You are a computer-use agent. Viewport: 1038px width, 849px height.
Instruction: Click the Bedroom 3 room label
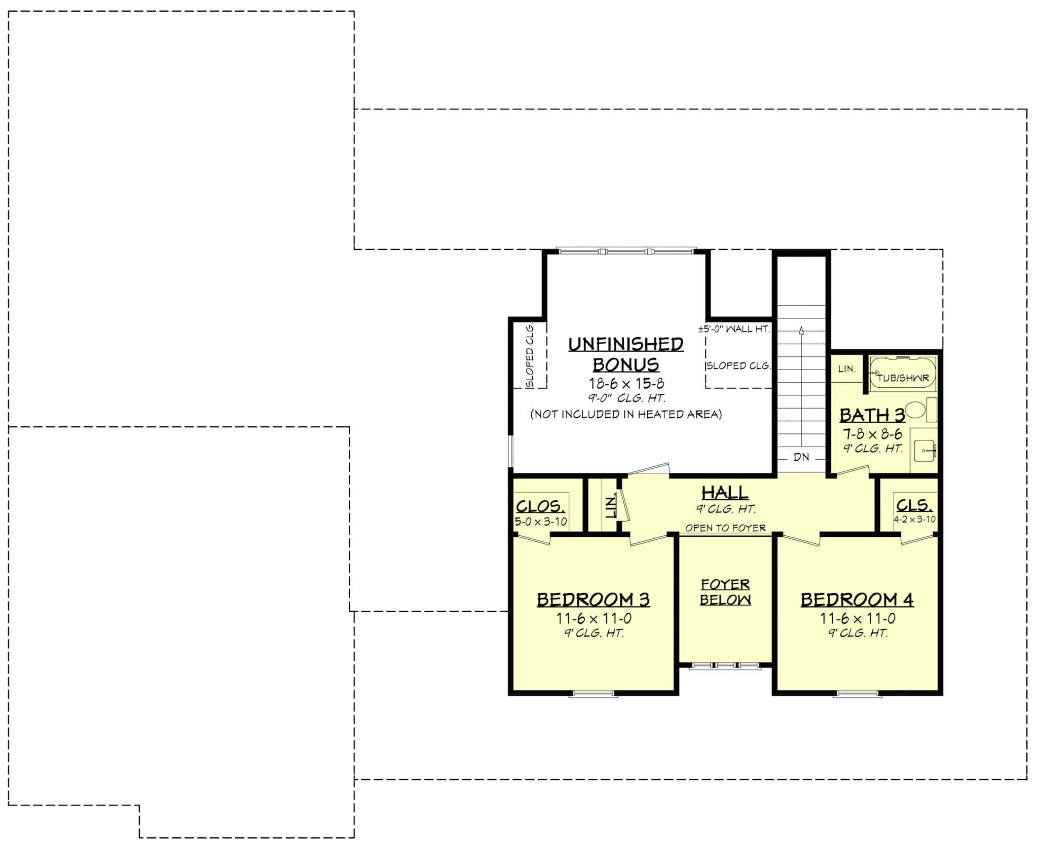click(x=593, y=600)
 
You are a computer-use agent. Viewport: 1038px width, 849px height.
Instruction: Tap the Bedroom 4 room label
click(x=857, y=600)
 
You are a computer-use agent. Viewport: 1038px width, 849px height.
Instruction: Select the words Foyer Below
click(x=725, y=592)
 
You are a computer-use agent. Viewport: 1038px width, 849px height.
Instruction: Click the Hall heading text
click(x=725, y=492)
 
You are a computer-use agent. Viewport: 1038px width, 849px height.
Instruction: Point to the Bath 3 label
click(x=872, y=415)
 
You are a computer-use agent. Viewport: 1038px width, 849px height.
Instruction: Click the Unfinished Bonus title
click(x=625, y=354)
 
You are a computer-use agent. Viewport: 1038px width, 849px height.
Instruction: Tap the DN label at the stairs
click(x=801, y=457)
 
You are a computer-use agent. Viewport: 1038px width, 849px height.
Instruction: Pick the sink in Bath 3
click(x=925, y=450)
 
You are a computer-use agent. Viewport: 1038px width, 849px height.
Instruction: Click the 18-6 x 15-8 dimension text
click(x=626, y=383)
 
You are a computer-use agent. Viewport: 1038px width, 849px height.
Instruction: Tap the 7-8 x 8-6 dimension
click(x=872, y=434)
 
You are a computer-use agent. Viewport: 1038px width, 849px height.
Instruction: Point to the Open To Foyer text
click(x=725, y=528)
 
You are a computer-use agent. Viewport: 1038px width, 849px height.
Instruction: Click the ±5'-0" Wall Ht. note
click(x=734, y=329)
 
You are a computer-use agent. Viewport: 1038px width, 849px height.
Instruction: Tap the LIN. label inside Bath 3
click(x=846, y=369)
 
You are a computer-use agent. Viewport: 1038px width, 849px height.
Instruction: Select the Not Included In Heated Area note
click(x=626, y=414)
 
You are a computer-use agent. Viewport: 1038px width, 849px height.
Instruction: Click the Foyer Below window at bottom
click(x=725, y=666)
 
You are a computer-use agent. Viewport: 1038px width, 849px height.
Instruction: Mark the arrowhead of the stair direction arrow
click(x=801, y=330)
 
